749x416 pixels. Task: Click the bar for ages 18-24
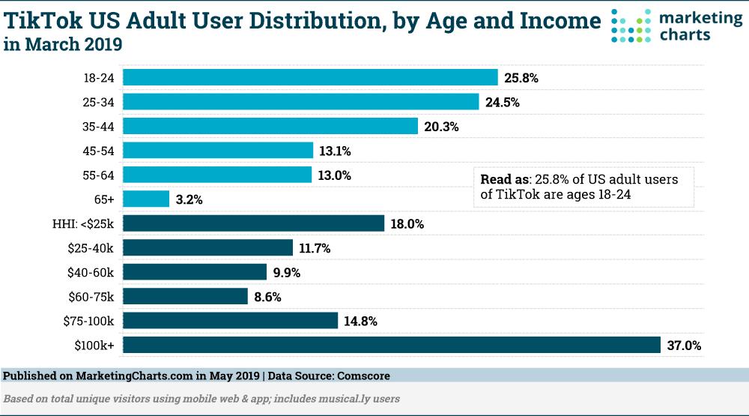310,77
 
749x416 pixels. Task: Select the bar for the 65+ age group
146,199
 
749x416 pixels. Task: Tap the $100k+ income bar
392,345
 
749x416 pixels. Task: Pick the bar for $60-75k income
185,296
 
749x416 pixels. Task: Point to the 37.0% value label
684,346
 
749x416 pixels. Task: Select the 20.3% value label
441,127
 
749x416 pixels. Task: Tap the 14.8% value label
360,322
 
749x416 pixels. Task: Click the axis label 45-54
100,151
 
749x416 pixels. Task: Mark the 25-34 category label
100,102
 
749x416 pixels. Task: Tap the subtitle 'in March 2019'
62,45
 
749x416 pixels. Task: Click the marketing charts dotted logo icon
631,26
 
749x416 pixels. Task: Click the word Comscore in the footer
363,376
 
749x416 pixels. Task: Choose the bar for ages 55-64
217,175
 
